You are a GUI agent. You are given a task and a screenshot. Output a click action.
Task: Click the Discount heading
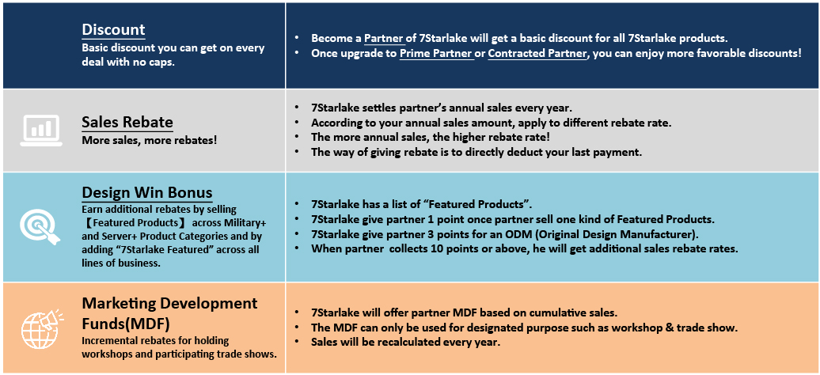coord(113,30)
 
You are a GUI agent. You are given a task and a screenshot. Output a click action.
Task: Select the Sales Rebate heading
coord(127,123)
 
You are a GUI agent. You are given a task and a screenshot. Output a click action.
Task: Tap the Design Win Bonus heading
coord(147,193)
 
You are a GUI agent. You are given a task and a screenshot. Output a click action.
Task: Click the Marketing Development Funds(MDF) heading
coord(169,313)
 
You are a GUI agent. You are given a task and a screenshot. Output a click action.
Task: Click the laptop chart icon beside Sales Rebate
coord(41,131)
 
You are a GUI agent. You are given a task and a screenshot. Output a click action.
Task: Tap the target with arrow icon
coord(40,226)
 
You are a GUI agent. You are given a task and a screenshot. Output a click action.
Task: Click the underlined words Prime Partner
coord(437,53)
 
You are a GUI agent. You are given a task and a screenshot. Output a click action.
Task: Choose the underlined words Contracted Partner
coord(537,53)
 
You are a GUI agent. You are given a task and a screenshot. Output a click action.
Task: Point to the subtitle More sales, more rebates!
coord(149,140)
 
